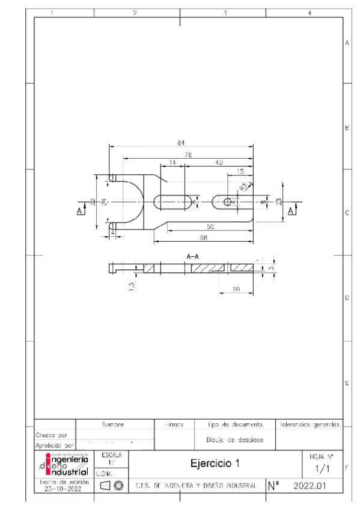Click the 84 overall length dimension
(x=180, y=143)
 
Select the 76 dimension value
(x=188, y=155)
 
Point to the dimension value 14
(x=172, y=163)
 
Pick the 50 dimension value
(x=211, y=227)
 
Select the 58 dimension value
(x=203, y=239)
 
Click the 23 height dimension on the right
(x=279, y=202)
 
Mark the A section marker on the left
(x=81, y=210)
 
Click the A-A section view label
(x=193, y=256)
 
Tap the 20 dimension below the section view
(x=236, y=290)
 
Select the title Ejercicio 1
(x=214, y=464)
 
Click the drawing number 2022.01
(x=310, y=485)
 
